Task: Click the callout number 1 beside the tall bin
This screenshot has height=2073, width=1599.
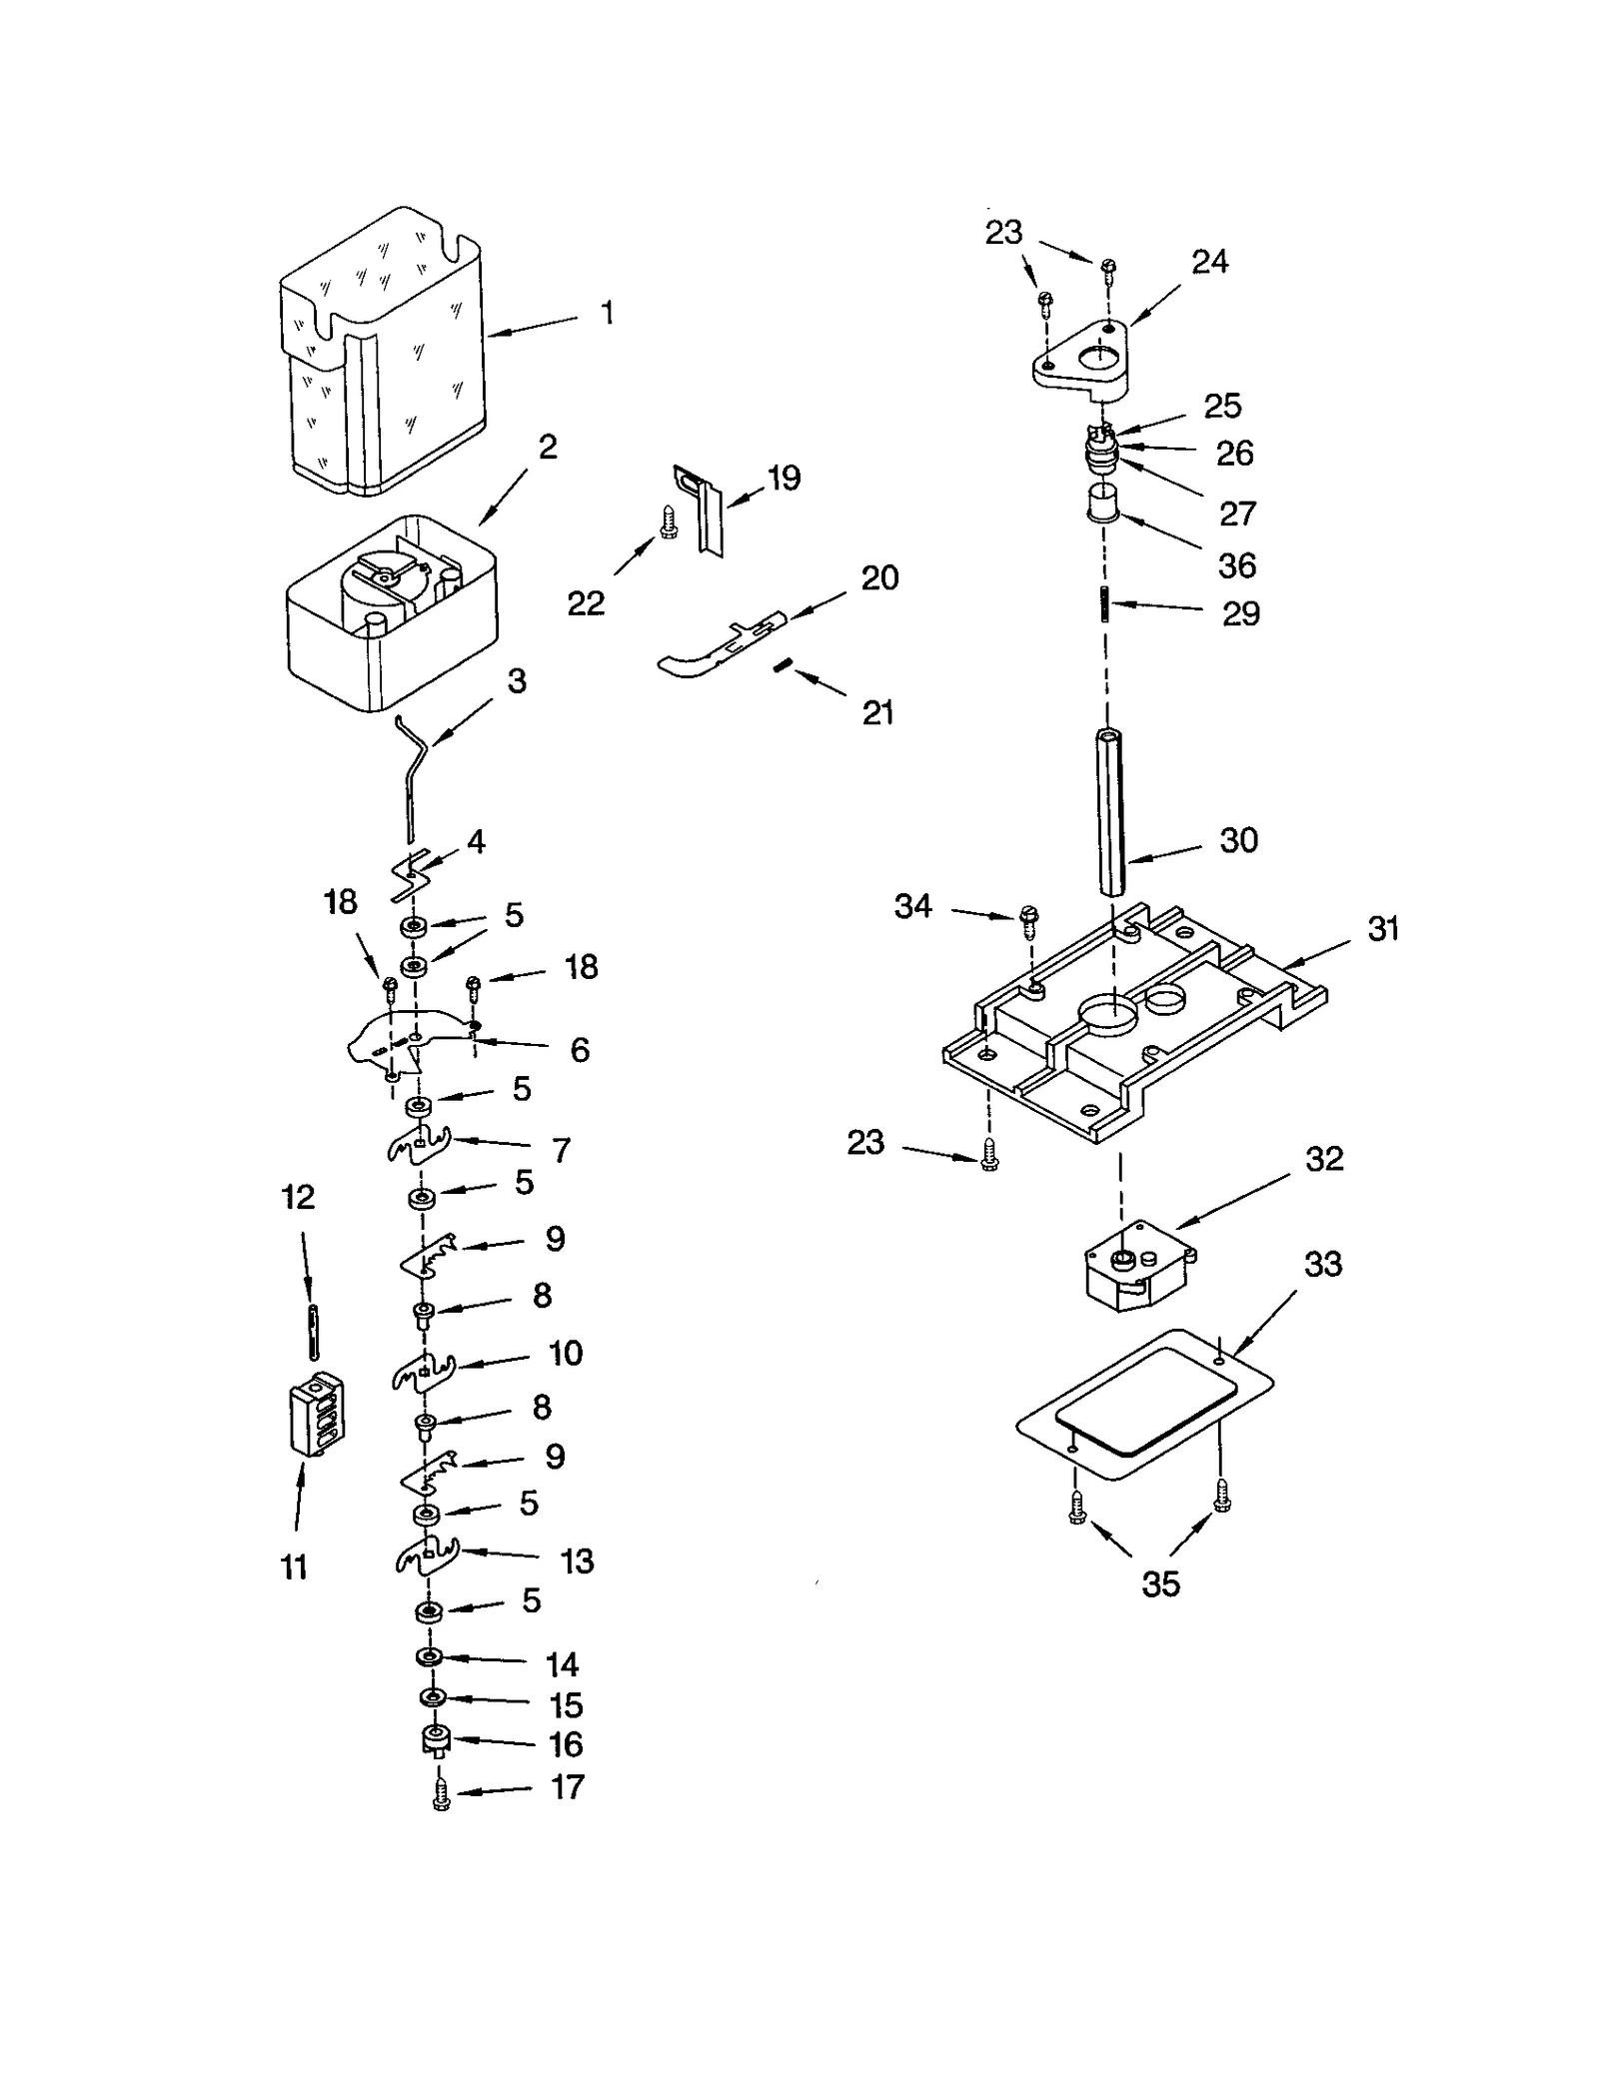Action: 607,313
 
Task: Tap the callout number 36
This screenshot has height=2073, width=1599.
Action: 1236,565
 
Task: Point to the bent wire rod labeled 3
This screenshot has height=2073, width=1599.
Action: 411,774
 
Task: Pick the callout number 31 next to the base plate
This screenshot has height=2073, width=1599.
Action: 1383,928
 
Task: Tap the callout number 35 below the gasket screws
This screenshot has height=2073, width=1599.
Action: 1160,1583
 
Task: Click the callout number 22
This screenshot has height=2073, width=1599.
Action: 586,602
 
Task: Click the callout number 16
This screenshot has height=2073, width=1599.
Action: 566,1743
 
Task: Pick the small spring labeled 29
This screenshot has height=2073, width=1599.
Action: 1105,603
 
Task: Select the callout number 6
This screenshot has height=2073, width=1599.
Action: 580,1049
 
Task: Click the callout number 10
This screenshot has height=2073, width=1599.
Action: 566,1353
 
